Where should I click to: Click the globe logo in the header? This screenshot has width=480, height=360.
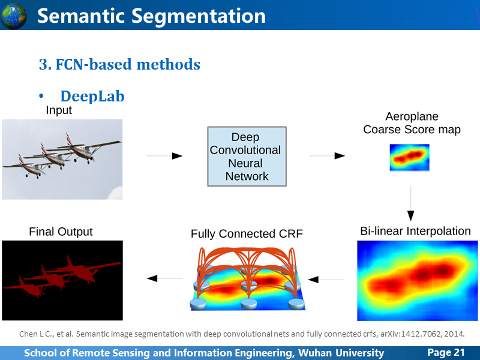tap(13, 16)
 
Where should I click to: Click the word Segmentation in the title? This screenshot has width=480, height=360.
tap(199, 16)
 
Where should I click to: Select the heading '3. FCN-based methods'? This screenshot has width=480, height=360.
tap(119, 64)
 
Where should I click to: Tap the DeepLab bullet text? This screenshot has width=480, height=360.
tap(92, 96)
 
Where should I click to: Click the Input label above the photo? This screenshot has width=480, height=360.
tap(59, 110)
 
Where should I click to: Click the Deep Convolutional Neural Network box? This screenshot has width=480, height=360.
tap(247, 157)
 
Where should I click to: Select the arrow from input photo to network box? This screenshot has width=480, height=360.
tap(164, 156)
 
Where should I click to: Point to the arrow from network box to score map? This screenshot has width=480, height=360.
tap(327, 156)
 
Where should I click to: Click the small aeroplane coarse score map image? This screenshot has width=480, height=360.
tap(410, 157)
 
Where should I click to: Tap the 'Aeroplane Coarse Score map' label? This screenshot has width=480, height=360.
tap(412, 123)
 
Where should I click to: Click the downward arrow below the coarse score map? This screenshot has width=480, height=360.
tap(411, 203)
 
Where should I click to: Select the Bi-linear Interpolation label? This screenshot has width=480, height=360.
tap(415, 231)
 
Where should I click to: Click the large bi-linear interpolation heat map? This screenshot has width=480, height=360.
tap(418, 281)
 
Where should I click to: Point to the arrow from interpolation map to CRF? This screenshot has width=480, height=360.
tap(326, 280)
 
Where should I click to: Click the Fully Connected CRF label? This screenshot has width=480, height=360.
tap(247, 233)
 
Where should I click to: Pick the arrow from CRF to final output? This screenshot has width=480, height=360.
tap(164, 278)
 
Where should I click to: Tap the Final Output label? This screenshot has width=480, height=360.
tap(61, 232)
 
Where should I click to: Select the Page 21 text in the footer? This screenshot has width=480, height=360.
tap(446, 352)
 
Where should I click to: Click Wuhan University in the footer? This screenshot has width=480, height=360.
tap(341, 353)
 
